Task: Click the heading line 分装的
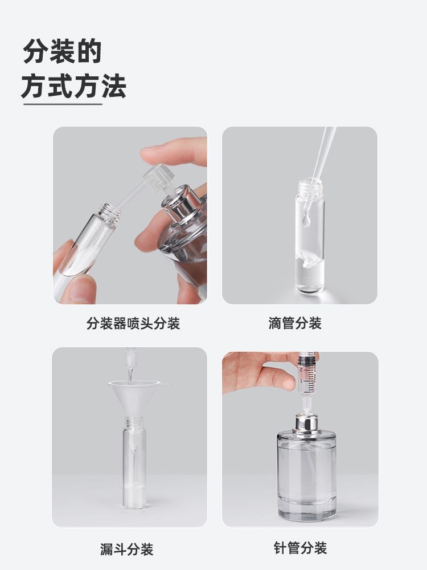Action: pos(62,51)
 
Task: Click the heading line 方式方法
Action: pos(73,86)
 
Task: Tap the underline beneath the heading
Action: pos(63,104)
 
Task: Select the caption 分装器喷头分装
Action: pos(133,323)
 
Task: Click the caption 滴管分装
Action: pos(295,323)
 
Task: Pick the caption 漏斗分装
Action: pos(127,549)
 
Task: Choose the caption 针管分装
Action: pos(300,548)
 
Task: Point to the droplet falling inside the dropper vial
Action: pos(306,220)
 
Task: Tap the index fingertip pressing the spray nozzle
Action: pos(153,152)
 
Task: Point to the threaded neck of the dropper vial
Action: pos(310,187)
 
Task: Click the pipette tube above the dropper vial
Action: pos(324,153)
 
